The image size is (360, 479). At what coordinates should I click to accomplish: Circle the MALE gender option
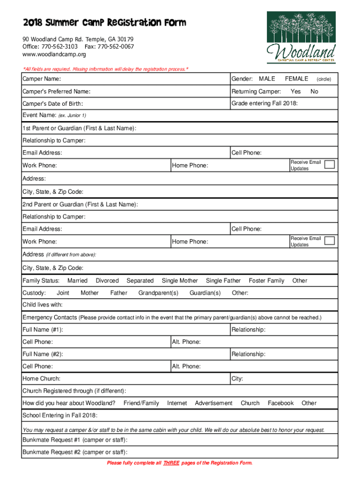click(267, 79)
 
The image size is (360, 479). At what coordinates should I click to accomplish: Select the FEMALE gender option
click(296, 79)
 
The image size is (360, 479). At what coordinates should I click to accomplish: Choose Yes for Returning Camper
click(295, 91)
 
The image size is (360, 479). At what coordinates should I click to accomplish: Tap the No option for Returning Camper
click(314, 91)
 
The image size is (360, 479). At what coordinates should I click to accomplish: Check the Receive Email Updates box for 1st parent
click(330, 165)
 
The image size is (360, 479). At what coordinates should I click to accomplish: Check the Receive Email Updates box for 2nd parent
click(330, 241)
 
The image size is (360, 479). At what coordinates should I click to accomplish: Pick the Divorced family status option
click(107, 281)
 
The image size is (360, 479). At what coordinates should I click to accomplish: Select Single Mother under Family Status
click(180, 281)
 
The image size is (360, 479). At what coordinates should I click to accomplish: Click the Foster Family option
click(266, 281)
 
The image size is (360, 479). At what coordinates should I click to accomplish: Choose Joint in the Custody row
click(63, 293)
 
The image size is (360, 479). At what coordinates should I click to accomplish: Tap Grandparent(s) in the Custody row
click(158, 293)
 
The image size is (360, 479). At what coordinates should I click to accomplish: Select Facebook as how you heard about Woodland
click(281, 403)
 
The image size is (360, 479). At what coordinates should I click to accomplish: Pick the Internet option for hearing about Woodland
click(177, 403)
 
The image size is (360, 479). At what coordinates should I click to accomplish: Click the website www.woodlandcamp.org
click(54, 54)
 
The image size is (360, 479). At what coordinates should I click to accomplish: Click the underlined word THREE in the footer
click(171, 463)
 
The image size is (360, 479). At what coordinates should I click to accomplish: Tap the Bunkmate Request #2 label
click(75, 452)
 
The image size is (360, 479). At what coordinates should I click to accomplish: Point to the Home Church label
click(41, 378)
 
